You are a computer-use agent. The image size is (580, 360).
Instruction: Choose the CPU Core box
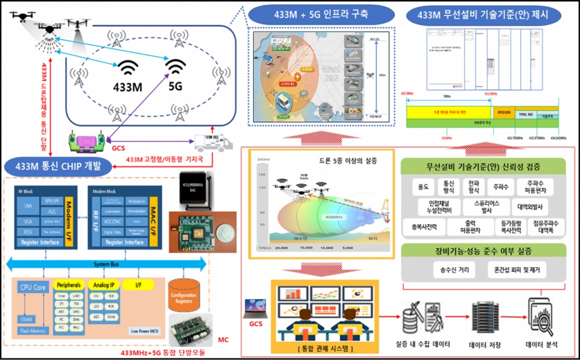pyautogui.click(x=32, y=288)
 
